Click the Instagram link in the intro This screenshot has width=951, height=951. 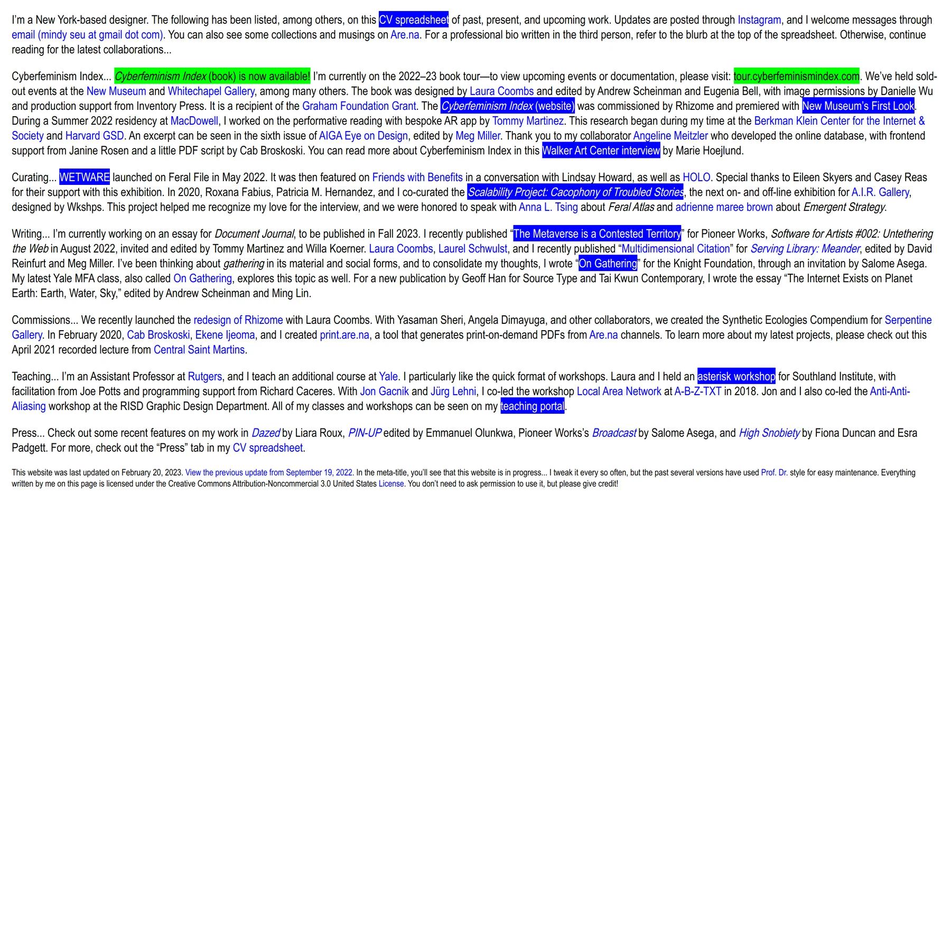[x=759, y=20]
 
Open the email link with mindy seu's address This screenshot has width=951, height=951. [x=88, y=35]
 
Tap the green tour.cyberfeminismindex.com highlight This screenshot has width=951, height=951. [x=796, y=77]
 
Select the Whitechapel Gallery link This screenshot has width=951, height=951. [x=211, y=91]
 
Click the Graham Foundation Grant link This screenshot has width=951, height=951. [x=359, y=106]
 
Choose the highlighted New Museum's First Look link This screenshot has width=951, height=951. [x=858, y=106]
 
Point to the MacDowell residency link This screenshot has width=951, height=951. [x=194, y=121]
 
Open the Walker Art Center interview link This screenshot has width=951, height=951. [x=601, y=151]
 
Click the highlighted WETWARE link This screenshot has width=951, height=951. [x=85, y=178]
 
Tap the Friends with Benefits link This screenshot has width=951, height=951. [x=417, y=178]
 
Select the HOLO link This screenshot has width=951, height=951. [x=696, y=178]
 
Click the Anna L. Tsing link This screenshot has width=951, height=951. [x=548, y=207]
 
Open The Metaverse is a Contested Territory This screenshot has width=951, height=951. [x=597, y=234]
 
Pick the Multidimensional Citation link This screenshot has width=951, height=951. [x=676, y=249]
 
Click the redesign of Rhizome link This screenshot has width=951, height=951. [x=238, y=320]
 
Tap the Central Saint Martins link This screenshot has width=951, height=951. [x=199, y=350]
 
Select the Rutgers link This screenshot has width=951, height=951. [x=205, y=377]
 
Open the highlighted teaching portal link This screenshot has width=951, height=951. [x=533, y=406]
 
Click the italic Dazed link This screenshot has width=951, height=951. [x=265, y=433]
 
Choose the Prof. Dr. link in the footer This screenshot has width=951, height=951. [x=774, y=473]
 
